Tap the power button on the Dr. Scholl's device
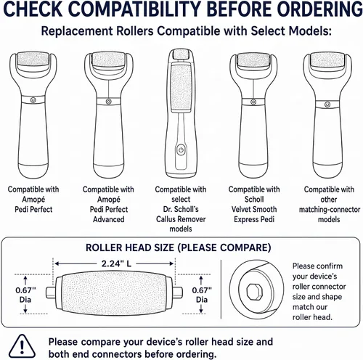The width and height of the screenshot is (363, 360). coord(181,150)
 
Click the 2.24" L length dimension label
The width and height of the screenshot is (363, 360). coord(116,263)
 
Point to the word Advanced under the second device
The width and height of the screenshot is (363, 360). coord(109,219)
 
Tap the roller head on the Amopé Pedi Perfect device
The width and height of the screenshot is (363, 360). coord(33,60)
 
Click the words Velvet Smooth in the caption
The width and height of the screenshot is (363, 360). coord(254,209)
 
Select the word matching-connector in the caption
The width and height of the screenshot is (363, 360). coord(330,210)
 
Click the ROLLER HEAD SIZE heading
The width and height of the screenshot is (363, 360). coord(178,247)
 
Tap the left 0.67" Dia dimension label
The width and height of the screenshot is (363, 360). coord(25,295)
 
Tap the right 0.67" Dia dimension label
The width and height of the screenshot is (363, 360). coord(202,295)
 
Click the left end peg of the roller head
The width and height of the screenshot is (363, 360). coord(51,292)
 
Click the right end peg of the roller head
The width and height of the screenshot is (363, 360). coord(177,292)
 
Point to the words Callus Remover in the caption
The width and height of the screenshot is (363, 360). coord(181,219)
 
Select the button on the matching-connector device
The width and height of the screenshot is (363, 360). coord(327,105)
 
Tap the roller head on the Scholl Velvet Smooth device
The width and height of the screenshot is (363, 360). coord(253,60)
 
